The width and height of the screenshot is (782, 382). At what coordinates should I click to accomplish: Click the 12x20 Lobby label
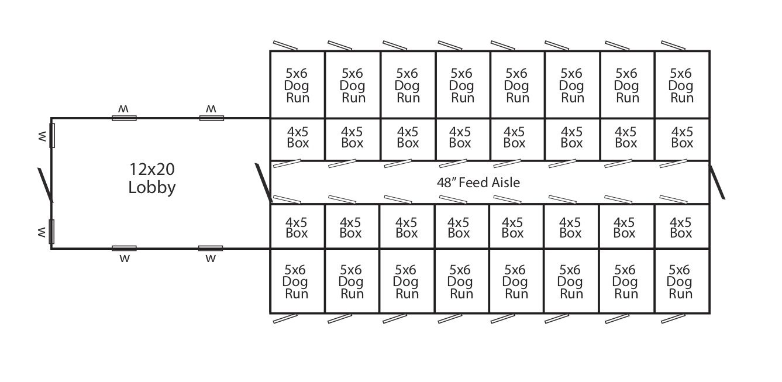[152, 178]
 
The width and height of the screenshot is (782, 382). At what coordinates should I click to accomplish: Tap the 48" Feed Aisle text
[478, 183]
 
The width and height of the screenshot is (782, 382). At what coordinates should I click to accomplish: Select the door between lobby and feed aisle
[263, 183]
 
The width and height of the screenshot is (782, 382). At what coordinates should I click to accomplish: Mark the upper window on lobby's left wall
[51, 135]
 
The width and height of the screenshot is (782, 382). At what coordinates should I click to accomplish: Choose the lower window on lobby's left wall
[51, 231]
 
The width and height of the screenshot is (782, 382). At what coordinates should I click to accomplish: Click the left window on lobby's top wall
[124, 118]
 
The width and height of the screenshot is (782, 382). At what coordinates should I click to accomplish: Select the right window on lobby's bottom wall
[211, 248]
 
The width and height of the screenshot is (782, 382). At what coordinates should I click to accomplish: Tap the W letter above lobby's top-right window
[211, 109]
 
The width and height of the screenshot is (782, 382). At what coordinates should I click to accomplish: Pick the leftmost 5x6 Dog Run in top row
[297, 85]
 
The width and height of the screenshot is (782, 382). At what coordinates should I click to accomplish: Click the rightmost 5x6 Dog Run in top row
[681, 85]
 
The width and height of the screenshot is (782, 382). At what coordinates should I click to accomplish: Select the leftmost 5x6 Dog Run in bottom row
[296, 281]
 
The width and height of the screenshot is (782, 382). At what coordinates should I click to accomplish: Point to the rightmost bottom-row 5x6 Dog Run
[680, 281]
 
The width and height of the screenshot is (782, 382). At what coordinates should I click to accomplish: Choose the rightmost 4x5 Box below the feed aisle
[681, 228]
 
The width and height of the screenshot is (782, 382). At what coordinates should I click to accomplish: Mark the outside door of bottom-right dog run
[673, 319]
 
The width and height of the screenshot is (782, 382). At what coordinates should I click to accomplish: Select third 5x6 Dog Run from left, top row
[407, 85]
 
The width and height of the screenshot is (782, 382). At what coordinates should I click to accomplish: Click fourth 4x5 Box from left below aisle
[459, 228]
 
